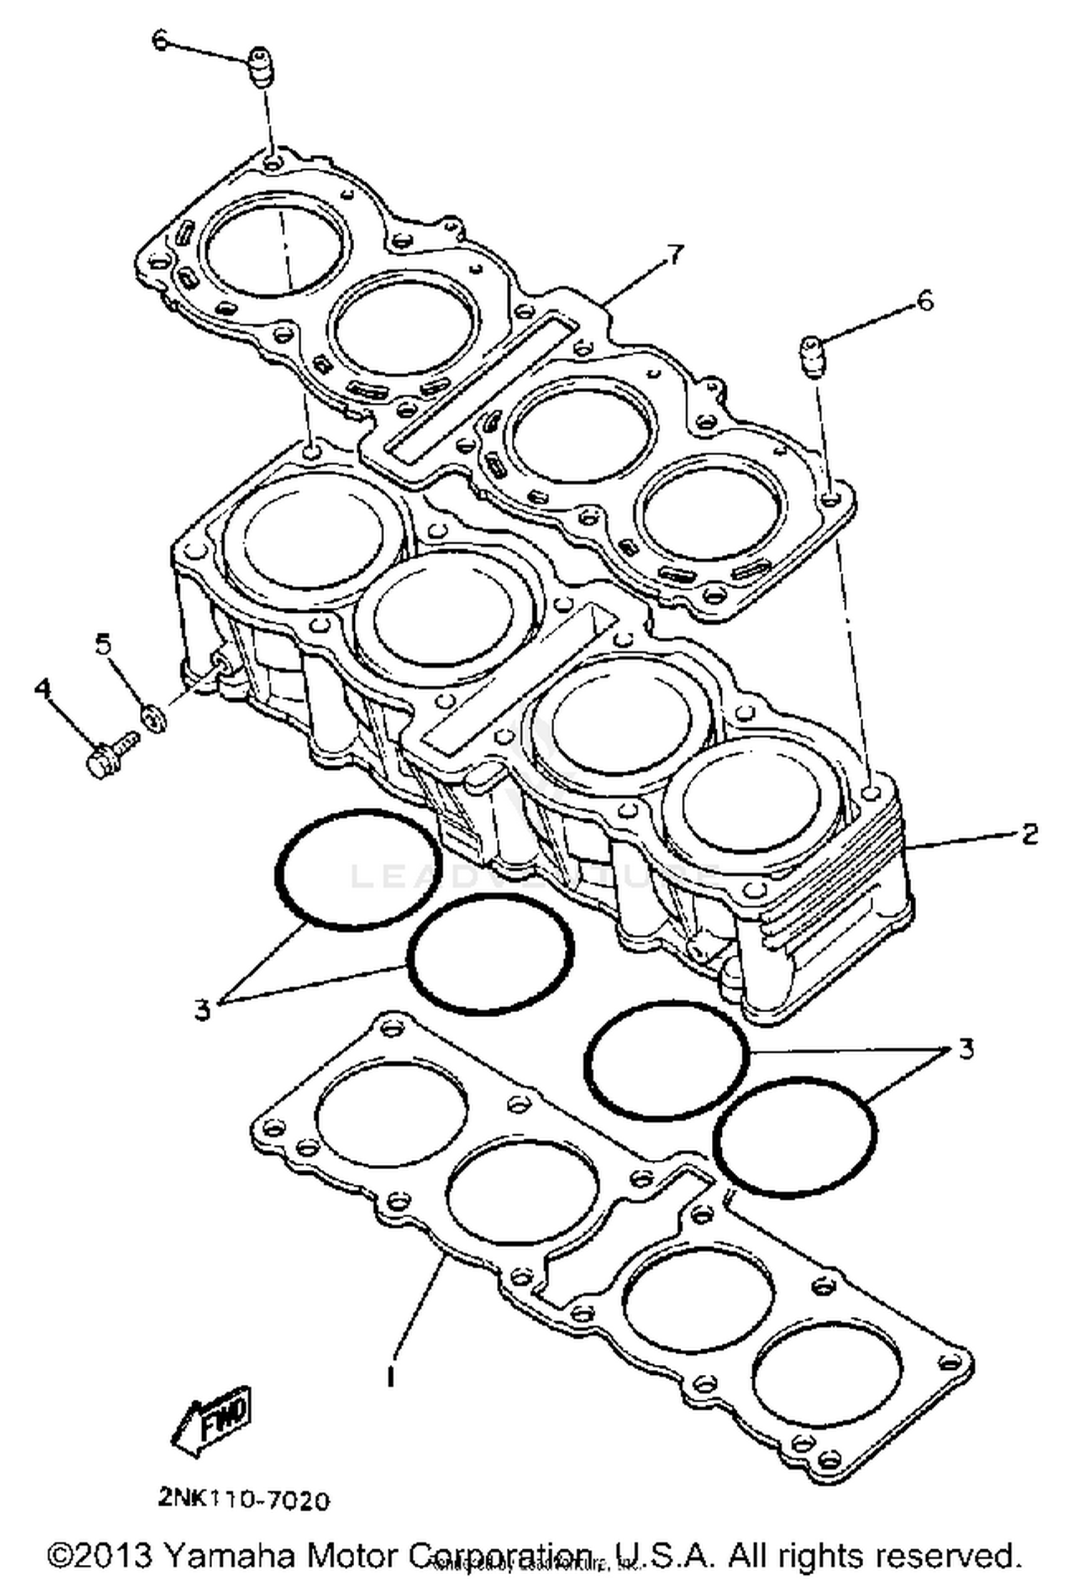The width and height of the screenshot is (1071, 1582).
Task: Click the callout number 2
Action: (x=1029, y=833)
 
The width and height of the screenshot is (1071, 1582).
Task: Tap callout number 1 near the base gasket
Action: (x=391, y=1375)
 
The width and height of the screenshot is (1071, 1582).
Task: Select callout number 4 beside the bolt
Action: (x=43, y=689)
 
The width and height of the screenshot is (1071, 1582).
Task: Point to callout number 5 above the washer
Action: (x=104, y=645)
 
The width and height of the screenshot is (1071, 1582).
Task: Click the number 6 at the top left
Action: (x=160, y=41)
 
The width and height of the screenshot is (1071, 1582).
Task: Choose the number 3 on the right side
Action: (x=965, y=1050)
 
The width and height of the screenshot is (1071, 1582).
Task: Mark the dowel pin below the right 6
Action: (x=810, y=355)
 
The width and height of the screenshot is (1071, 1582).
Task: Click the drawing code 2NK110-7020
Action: (x=244, y=1498)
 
